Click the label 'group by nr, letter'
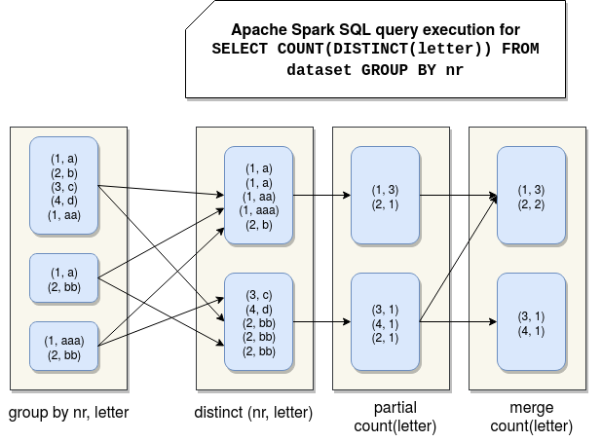coord(68,413)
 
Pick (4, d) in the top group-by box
coord(64,202)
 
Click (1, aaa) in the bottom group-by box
coord(64,340)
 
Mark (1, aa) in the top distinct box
coord(258,196)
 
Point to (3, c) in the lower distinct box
coord(258,294)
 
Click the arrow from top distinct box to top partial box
coord(321,195)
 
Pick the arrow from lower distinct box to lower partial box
coord(321,320)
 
